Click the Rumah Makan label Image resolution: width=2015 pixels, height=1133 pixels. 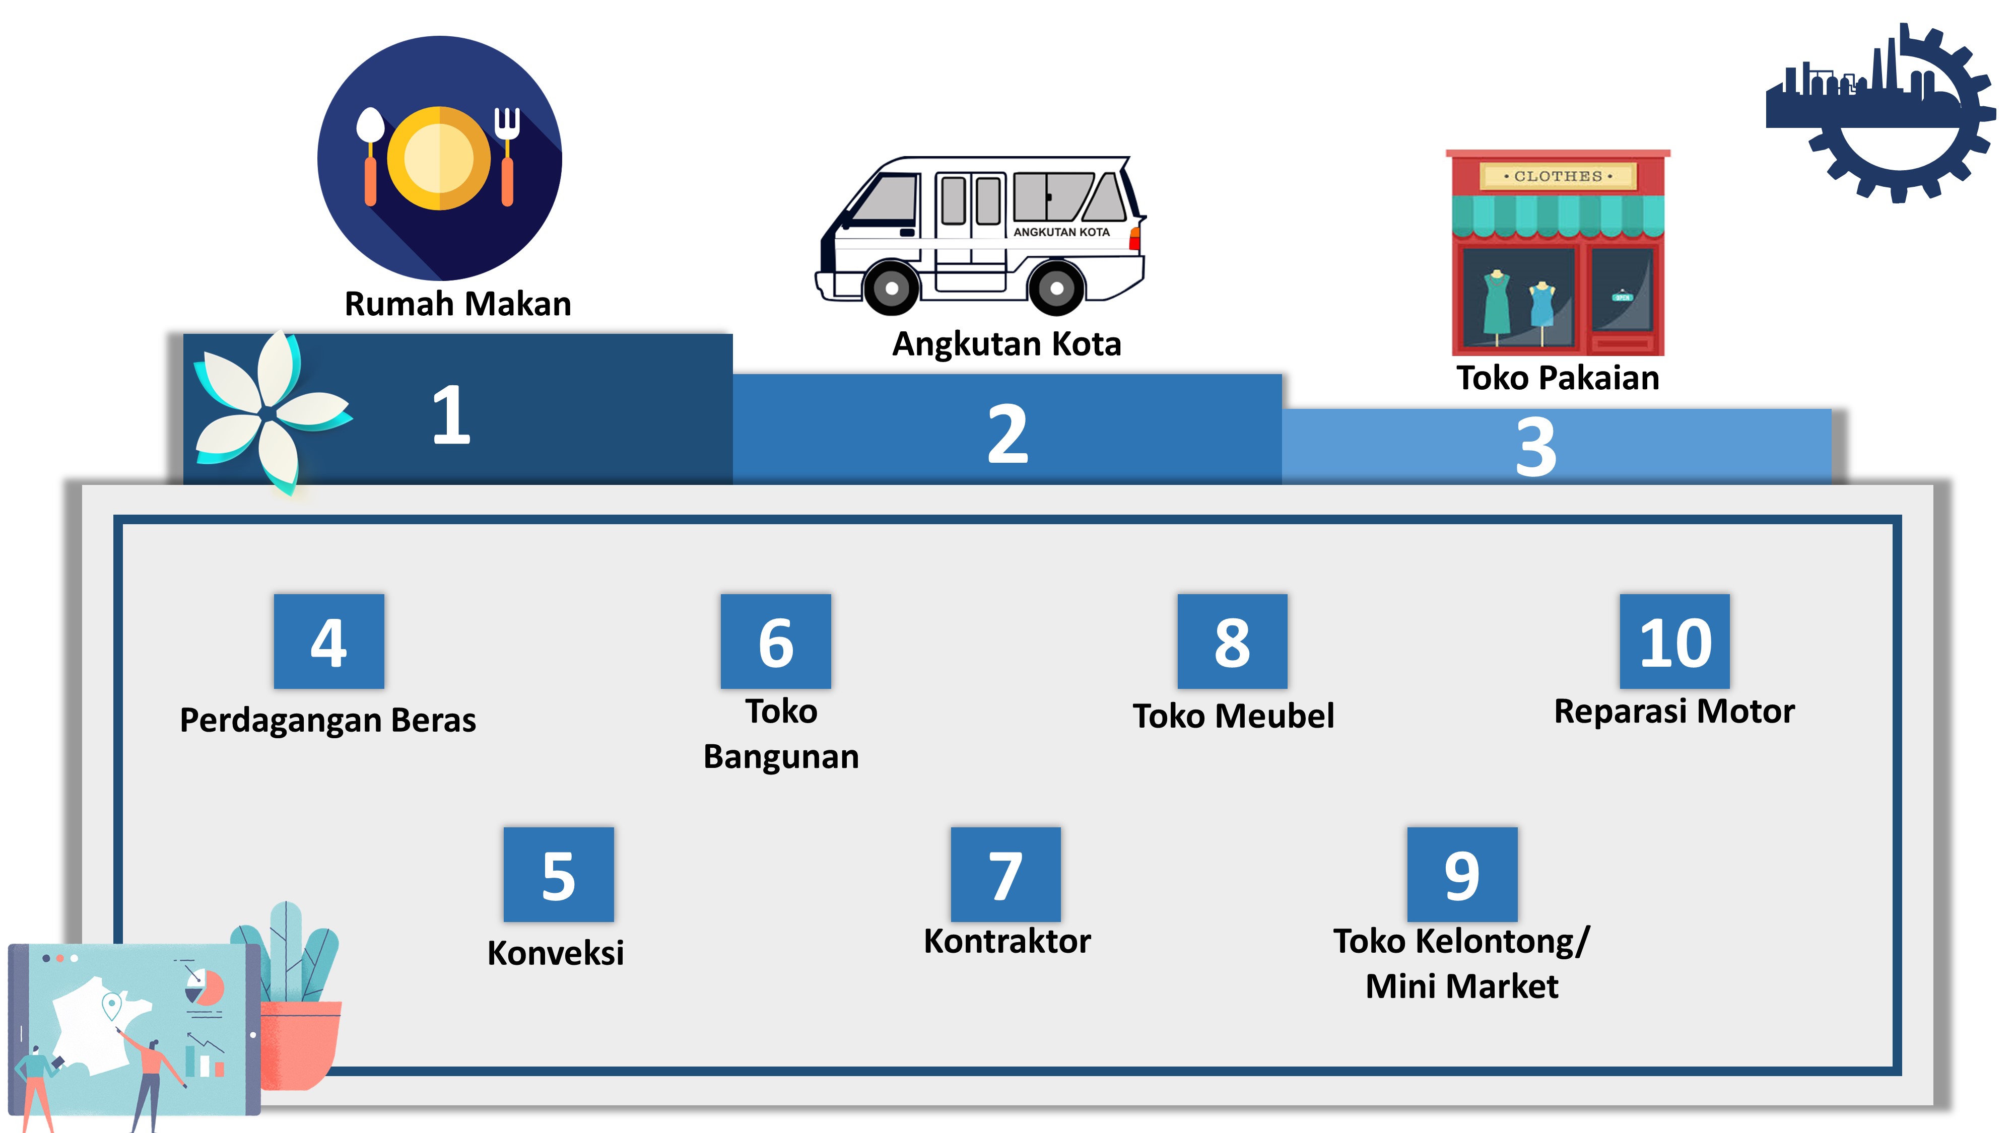click(x=457, y=303)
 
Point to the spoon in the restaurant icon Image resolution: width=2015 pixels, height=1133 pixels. click(x=369, y=157)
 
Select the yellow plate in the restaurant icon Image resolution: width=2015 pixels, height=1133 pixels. click(x=439, y=158)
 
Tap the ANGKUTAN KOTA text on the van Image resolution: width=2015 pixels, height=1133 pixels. click(x=1061, y=232)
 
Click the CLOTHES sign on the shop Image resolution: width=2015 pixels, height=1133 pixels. click(x=1558, y=176)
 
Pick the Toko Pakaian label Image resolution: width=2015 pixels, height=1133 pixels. click(x=1558, y=378)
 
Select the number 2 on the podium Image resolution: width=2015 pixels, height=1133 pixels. click(x=1008, y=434)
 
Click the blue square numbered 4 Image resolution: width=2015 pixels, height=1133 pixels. click(x=328, y=641)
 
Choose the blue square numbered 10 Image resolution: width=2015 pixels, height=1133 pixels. click(x=1675, y=641)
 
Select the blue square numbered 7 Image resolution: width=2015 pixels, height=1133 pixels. click(x=1006, y=874)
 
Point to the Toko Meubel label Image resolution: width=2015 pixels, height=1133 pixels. click(x=1234, y=716)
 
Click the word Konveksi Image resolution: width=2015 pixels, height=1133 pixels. click(x=555, y=952)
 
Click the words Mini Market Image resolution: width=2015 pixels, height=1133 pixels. click(x=1462, y=986)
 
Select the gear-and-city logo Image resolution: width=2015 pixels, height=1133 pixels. click(x=1881, y=113)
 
